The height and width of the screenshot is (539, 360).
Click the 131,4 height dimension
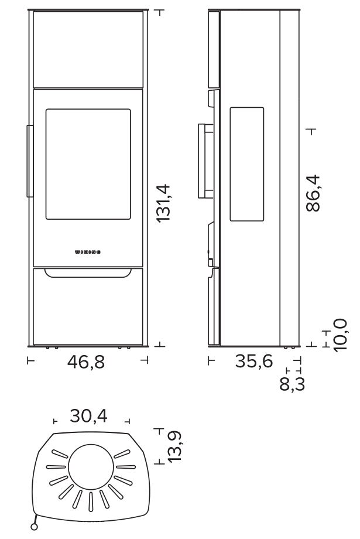[x=163, y=203]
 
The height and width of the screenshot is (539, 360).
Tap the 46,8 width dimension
[x=86, y=362]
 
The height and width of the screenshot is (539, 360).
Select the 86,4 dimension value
[x=313, y=193]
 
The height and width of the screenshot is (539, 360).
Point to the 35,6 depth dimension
[x=254, y=361]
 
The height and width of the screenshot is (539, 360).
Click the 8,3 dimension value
[x=292, y=384]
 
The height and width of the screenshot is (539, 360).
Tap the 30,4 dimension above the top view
[x=88, y=415]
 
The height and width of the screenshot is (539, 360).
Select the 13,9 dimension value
[x=174, y=446]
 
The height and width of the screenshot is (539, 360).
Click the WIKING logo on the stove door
[x=88, y=252]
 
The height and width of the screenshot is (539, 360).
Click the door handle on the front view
[x=30, y=161]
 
